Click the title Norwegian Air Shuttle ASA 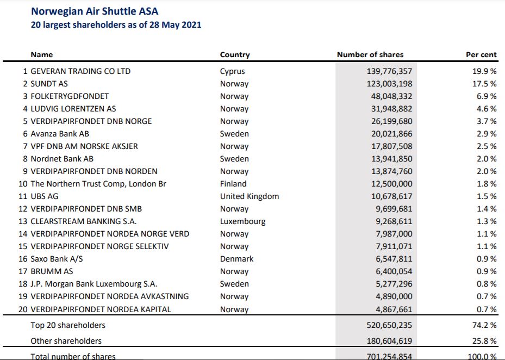95,11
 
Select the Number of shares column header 370,54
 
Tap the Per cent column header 481,54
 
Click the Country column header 235,54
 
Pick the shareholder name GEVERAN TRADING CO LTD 80,71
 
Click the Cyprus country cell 232,71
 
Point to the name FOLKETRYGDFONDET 70,96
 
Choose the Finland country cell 233,184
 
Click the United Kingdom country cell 249,196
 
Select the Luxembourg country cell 242,221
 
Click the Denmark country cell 236,259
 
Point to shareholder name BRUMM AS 52,271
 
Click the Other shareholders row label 66,341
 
